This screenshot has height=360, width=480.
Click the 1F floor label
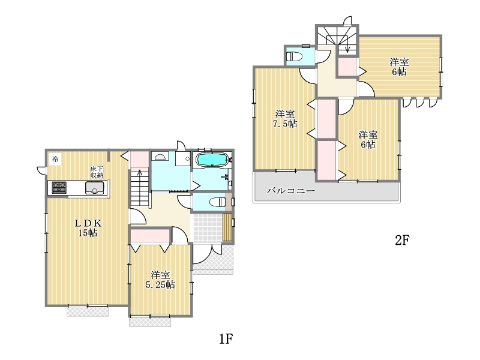[226, 339]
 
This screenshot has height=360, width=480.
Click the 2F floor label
[402, 241]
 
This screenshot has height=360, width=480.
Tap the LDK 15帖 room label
[88, 228]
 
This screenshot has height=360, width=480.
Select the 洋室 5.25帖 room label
[160, 280]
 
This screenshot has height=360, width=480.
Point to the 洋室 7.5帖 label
[284, 119]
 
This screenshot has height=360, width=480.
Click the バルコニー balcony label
[291, 191]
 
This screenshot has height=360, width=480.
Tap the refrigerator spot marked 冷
[55, 159]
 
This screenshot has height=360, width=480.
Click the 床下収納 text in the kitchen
[97, 172]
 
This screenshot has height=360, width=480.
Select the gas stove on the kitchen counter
[59, 187]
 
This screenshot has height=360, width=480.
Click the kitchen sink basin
[95, 188]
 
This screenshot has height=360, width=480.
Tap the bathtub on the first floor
[212, 160]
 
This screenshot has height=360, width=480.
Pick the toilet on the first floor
[218, 202]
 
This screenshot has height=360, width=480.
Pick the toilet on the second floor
[294, 56]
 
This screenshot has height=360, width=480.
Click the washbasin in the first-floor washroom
[160, 157]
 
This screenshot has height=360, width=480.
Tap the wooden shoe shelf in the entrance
[227, 228]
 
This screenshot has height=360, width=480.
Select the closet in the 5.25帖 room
[150, 236]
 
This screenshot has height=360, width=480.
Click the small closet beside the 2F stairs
[347, 67]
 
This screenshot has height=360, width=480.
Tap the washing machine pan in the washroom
[183, 158]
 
